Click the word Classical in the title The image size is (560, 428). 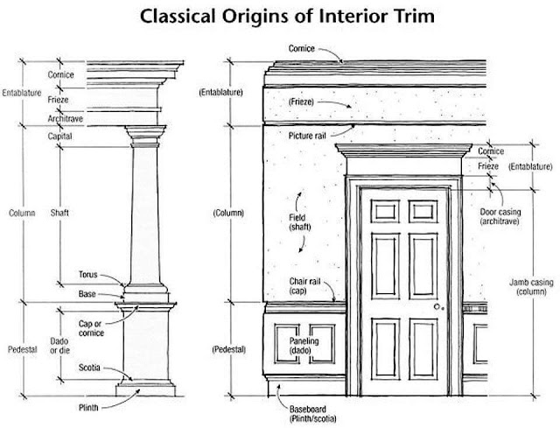coord(178,17)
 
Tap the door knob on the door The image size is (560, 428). coord(437,306)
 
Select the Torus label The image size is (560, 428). coord(87,274)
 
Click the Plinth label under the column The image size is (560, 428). coord(88,407)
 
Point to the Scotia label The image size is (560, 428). coord(89,368)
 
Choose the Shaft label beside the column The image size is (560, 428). coord(59,213)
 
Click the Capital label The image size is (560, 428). coord(60,137)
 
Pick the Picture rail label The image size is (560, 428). coord(307,136)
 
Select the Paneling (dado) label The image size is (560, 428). coord(304,346)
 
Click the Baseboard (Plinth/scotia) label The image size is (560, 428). coord(312,414)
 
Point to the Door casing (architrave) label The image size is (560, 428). coord(500,216)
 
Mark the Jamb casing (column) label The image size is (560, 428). coord(531,287)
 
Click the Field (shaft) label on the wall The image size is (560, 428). coord(299,222)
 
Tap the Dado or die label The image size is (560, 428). coord(59,346)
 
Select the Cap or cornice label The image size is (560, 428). coord(91,328)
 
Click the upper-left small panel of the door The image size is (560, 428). coord(385,212)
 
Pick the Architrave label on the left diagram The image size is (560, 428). coord(66,119)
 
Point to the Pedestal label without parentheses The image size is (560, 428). coord(23,349)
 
